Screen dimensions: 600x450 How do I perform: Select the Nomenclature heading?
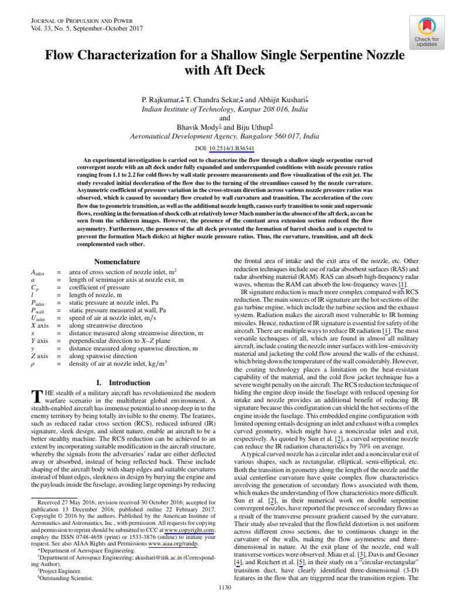tap(117, 261)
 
